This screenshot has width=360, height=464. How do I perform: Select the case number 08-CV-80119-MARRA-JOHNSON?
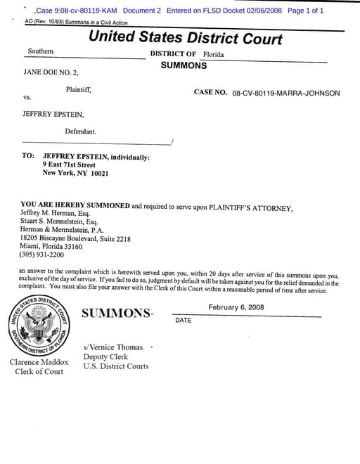(286, 93)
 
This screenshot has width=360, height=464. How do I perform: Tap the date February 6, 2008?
(236, 307)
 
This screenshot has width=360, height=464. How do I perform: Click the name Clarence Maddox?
(39, 362)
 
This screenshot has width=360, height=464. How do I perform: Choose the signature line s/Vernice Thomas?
(112, 347)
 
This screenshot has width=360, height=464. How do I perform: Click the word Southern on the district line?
(40, 51)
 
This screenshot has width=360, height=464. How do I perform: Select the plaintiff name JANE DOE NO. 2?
(51, 72)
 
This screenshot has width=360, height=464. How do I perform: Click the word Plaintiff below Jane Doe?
(78, 89)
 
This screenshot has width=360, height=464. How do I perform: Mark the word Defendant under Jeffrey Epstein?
(80, 131)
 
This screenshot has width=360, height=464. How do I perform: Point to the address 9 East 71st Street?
(69, 165)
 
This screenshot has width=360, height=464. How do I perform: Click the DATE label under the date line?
(183, 321)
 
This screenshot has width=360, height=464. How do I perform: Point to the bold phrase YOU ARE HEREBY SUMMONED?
(75, 205)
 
